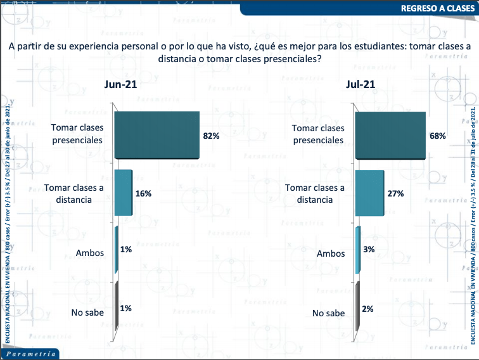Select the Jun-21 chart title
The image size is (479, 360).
point(120,85)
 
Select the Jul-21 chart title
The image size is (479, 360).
point(360,85)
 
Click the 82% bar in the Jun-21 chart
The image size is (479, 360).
point(157,135)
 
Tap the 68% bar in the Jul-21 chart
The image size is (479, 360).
point(390,135)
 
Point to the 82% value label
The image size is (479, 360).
point(211,136)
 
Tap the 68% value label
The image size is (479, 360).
point(438,136)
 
